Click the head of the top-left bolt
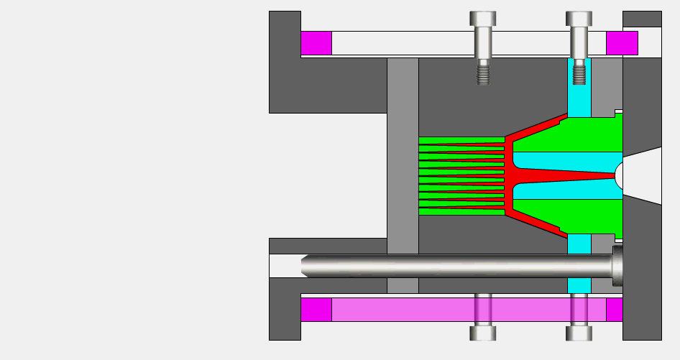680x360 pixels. (x=483, y=19)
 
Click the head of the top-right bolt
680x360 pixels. (x=579, y=19)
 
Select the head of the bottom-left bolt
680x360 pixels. (x=483, y=333)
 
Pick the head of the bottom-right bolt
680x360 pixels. (x=579, y=333)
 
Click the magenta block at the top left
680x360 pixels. (x=316, y=43)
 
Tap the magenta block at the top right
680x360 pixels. (x=622, y=43)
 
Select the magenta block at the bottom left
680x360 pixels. (x=316, y=310)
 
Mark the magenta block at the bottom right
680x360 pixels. (x=615, y=310)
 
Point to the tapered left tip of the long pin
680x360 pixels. (x=305, y=265)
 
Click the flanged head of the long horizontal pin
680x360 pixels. (x=617, y=265)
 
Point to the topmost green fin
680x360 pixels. (x=460, y=140)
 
